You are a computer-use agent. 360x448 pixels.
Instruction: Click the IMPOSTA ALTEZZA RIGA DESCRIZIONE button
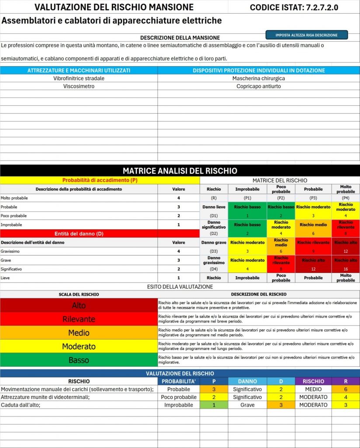pyautogui.click(x=307, y=35)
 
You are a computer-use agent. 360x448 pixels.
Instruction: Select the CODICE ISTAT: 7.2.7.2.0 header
pyautogui.click(x=294, y=7)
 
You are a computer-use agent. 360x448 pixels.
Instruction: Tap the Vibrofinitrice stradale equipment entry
pyautogui.click(x=79, y=78)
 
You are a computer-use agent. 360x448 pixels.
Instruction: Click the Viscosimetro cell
pyautogui.click(x=79, y=86)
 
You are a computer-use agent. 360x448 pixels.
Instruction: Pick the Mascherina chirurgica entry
pyautogui.click(x=259, y=78)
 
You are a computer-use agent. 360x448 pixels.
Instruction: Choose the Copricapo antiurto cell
pyautogui.click(x=259, y=86)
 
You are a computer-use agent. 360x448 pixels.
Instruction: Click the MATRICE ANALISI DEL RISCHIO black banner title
pyautogui.click(x=180, y=171)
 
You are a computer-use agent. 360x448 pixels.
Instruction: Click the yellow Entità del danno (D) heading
pyautogui.click(x=79, y=234)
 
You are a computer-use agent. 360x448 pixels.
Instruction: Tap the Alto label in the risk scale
pyautogui.click(x=79, y=305)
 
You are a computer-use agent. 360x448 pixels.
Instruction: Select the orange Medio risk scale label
pyautogui.click(x=79, y=332)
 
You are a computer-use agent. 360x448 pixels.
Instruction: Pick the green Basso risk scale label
pyautogui.click(x=79, y=360)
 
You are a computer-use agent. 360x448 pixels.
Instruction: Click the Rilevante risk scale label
pyautogui.click(x=79, y=319)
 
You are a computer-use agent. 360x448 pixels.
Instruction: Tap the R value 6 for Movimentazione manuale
pyautogui.click(x=346, y=389)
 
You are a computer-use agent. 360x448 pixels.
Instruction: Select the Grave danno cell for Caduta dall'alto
pyautogui.click(x=247, y=405)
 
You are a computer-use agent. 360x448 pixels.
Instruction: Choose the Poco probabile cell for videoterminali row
pyautogui.click(x=178, y=397)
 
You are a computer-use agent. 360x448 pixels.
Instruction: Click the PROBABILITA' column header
pyautogui.click(x=178, y=381)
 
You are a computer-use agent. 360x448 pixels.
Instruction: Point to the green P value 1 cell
pyautogui.click(x=214, y=405)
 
